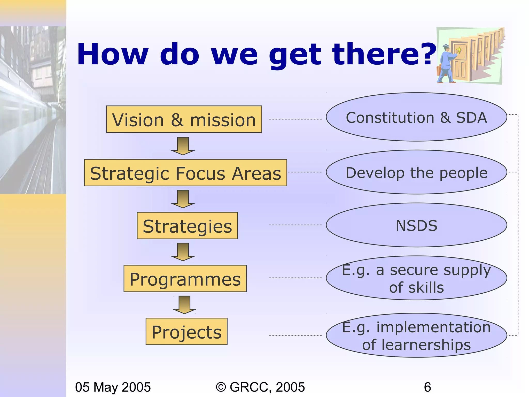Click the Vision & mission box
coord(184,119)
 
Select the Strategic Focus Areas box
coord(185,173)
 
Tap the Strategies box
coord(187,226)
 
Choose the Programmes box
coord(185,279)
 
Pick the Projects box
coord(186,332)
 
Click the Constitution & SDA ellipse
coord(416,117)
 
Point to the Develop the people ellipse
coord(416,172)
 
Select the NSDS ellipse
coord(416,225)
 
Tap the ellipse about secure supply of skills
coord(416,278)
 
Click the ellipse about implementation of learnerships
coord(416,335)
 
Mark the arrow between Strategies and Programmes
coord(183,252)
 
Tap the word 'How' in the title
coord(113,54)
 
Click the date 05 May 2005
coord(113,387)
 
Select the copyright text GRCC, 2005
coord(260,387)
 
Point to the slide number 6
coord(427,387)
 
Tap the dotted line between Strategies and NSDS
coord(295,225)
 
